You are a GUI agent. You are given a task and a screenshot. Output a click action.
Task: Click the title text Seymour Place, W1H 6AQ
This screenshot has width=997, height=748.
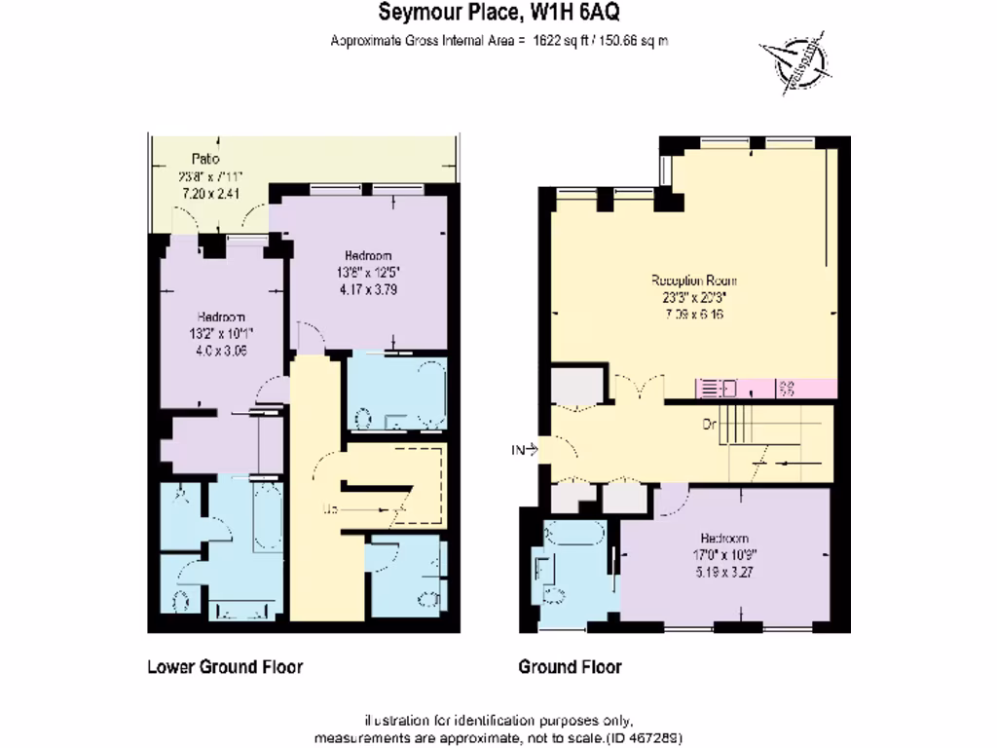[498, 14]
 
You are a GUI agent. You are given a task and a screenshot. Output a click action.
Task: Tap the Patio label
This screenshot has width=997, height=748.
[205, 159]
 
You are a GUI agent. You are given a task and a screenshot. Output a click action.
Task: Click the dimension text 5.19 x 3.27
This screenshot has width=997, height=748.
[724, 573]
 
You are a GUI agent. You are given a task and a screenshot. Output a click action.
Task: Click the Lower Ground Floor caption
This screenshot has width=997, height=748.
[224, 667]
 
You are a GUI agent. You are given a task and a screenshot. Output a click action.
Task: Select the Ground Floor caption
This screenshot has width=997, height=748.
[570, 667]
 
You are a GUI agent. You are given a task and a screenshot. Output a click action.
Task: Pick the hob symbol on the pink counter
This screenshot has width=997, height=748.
[785, 389]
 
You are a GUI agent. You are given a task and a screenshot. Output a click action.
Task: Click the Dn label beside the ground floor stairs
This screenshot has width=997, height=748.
[710, 425]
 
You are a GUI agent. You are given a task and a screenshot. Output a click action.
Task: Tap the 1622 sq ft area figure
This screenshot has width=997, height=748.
[562, 41]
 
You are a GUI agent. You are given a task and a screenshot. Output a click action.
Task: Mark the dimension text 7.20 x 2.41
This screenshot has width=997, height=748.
[211, 194]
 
